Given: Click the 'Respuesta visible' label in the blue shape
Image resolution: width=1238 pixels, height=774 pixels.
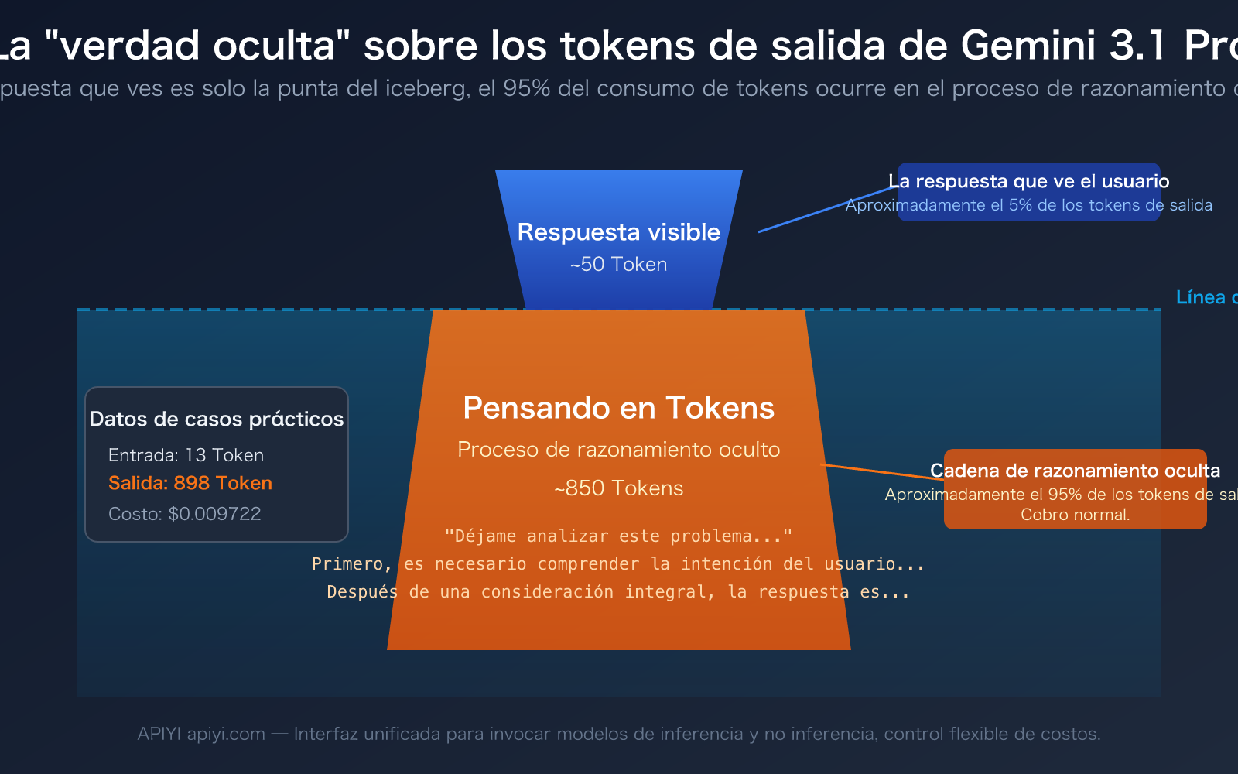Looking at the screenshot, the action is (x=618, y=232).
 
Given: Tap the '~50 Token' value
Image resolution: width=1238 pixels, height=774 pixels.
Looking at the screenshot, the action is (x=618, y=265).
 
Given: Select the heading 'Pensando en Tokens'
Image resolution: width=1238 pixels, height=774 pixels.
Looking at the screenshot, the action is (x=618, y=408).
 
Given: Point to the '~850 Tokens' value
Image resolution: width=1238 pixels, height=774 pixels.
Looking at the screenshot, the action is (x=618, y=488).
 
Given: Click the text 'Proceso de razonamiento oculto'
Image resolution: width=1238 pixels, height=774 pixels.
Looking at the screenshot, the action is (x=618, y=450).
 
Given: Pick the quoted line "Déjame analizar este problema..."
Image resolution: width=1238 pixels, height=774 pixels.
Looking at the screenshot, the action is (x=618, y=536).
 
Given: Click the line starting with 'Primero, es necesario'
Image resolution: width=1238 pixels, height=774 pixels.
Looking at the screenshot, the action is (x=618, y=564).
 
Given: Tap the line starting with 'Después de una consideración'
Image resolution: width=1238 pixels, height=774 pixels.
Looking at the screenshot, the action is (x=618, y=592).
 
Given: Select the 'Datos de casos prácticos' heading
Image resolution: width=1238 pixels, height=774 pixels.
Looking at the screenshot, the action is (x=216, y=419).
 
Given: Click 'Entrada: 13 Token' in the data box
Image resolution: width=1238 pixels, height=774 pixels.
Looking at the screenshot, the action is (x=186, y=455).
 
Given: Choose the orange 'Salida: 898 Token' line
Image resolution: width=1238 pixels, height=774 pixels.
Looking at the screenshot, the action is (x=190, y=483).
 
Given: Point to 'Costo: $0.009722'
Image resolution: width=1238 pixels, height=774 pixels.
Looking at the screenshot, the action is (x=184, y=514).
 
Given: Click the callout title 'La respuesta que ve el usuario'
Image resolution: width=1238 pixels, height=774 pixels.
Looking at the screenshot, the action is (x=1028, y=181).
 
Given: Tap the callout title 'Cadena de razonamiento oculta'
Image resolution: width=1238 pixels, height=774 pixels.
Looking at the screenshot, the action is (x=1075, y=471).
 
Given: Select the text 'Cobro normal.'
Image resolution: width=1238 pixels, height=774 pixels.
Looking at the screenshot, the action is (x=1075, y=515).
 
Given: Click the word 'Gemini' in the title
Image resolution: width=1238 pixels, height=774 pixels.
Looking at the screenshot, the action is (x=1028, y=45).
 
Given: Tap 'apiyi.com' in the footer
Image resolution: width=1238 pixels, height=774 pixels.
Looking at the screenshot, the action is (x=226, y=734).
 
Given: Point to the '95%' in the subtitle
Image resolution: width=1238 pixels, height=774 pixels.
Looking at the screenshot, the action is (x=526, y=89).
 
